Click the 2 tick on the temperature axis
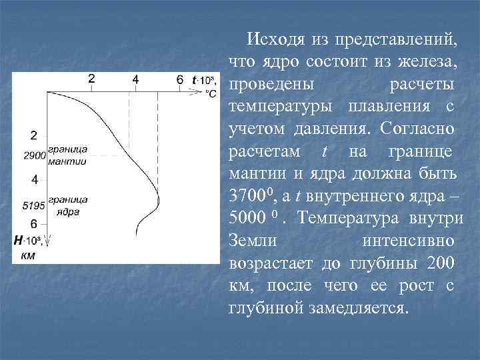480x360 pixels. tap(91, 79)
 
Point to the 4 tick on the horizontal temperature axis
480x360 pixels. tap(135, 79)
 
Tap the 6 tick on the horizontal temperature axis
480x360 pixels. tap(179, 79)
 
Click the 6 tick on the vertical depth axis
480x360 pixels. tap(33, 225)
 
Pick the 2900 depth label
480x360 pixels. tap(34, 156)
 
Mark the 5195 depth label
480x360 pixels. tap(34, 205)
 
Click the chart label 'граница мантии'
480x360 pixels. tap(67, 155)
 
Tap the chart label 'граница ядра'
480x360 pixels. tap(67, 205)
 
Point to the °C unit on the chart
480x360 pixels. tap(210, 93)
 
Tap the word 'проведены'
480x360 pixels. tap(273, 85)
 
